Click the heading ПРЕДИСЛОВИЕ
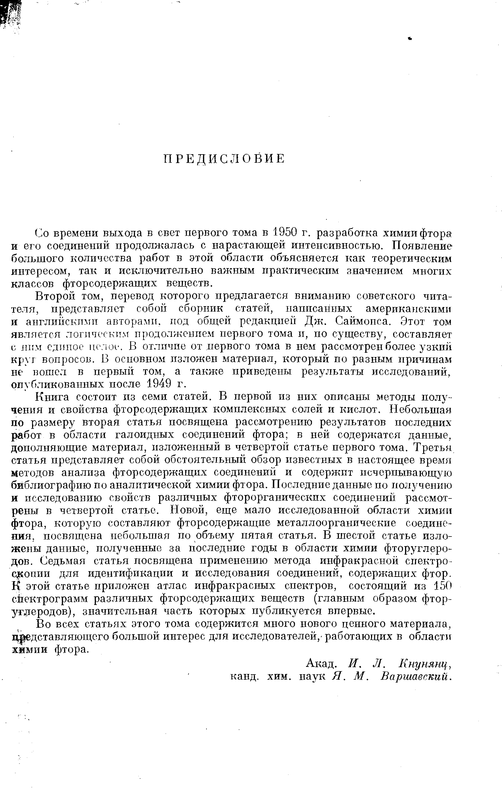pyautogui.click(x=224, y=159)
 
